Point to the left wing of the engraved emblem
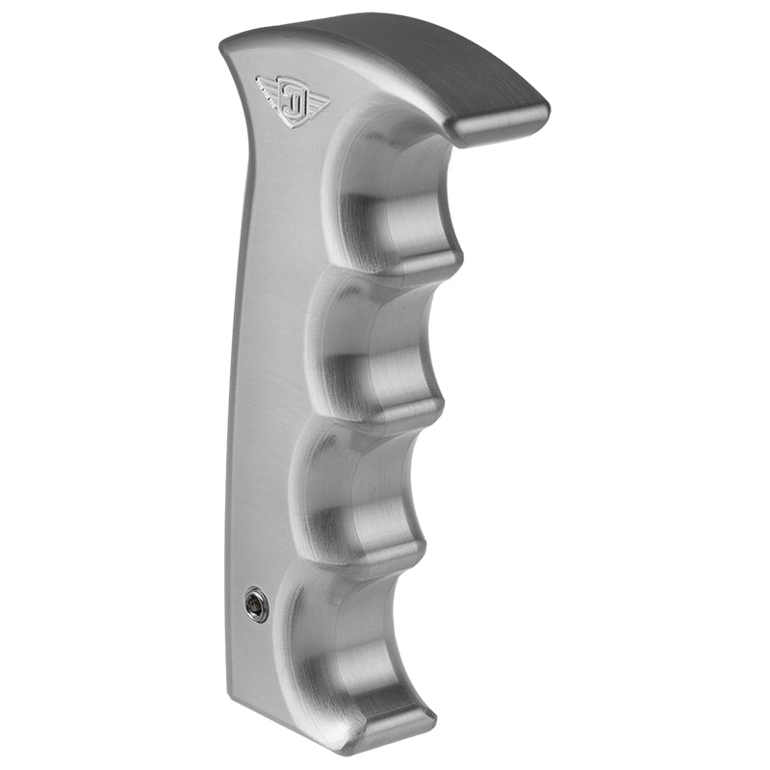tap(269, 89)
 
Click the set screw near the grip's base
tap(256, 604)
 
